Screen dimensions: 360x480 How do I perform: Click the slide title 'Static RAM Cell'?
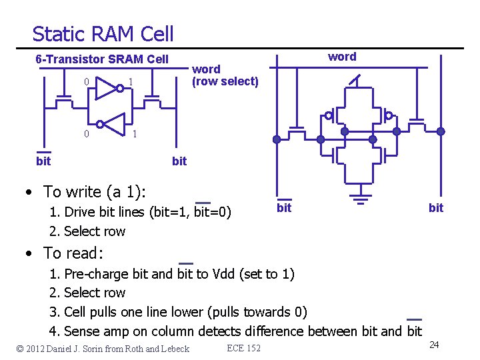(x=103, y=34)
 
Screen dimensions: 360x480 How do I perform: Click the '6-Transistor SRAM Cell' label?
(x=102, y=59)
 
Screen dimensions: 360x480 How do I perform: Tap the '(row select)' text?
(x=225, y=81)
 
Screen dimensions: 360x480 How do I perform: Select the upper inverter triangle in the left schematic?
(x=106, y=88)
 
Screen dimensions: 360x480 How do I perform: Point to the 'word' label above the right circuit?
(x=342, y=57)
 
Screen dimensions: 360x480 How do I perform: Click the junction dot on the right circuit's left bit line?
(x=277, y=139)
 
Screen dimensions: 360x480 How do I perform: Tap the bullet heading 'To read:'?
(x=73, y=253)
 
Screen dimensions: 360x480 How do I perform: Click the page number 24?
(x=434, y=345)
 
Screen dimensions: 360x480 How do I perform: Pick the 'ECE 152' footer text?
(x=244, y=348)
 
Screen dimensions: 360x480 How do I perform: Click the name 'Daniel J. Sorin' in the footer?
(x=84, y=349)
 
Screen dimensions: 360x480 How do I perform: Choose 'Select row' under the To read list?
(x=94, y=293)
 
